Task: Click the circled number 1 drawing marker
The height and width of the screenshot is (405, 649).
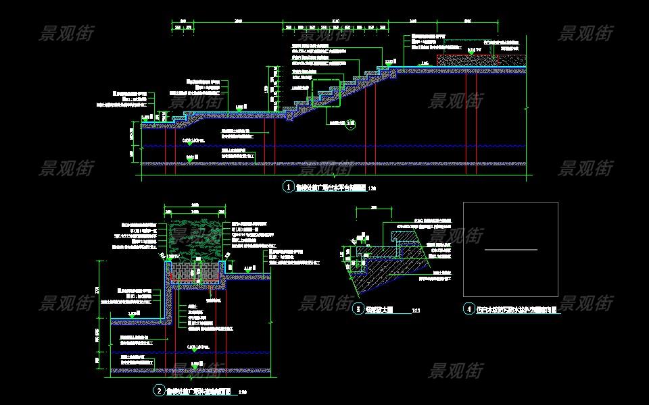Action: (x=289, y=186)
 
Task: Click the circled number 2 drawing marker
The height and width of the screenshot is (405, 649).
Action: (x=158, y=390)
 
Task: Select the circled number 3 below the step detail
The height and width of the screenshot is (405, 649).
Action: (x=358, y=309)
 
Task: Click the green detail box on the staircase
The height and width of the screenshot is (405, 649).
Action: (x=324, y=92)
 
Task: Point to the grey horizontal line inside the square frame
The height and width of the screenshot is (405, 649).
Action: (x=511, y=250)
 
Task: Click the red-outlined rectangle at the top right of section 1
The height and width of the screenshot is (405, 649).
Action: (x=467, y=60)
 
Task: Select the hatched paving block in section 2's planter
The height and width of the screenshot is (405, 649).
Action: (x=197, y=271)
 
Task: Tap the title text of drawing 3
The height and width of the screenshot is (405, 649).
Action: (x=379, y=310)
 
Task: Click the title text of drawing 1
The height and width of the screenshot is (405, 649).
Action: (x=331, y=187)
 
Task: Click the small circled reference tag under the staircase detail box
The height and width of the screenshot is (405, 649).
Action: (x=350, y=124)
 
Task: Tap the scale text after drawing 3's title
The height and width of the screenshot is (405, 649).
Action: (x=415, y=310)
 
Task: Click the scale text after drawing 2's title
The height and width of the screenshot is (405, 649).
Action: (x=243, y=391)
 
